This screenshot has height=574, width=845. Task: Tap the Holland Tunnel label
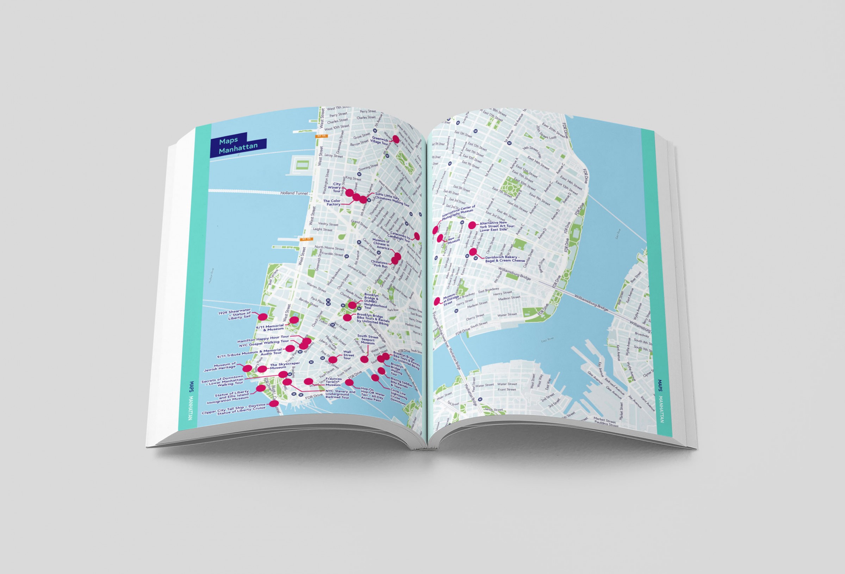coord(294,193)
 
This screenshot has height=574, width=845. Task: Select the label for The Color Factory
coord(332,203)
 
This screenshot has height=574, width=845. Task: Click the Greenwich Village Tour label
coord(380,140)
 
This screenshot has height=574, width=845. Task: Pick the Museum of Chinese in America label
coord(381,244)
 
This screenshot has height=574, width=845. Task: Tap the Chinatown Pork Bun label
coord(379,264)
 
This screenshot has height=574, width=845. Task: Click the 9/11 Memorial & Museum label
coord(270,328)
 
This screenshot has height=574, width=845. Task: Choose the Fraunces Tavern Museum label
coord(333,382)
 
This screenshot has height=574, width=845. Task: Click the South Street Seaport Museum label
coord(368,340)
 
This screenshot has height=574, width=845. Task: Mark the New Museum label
coord(452,240)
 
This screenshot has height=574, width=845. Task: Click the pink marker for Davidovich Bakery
coord(473,252)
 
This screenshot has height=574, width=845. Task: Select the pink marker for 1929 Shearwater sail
coord(262,317)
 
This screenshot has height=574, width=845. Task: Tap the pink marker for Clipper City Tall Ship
coord(274,403)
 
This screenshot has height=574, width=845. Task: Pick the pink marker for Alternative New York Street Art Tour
coord(472,225)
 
